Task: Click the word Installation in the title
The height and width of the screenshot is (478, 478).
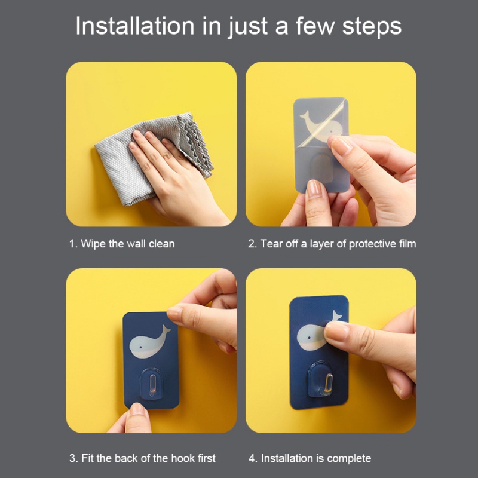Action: (x=135, y=26)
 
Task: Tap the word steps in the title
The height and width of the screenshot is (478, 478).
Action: (x=372, y=27)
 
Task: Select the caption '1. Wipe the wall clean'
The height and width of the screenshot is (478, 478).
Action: (x=122, y=244)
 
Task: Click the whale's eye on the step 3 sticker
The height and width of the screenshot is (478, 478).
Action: (x=140, y=347)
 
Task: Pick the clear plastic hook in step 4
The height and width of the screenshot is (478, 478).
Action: (x=320, y=379)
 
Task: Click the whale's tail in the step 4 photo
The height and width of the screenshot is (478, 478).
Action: (x=336, y=316)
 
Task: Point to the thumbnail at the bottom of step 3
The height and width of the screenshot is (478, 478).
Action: (x=137, y=409)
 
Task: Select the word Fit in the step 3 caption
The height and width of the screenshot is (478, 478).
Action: (x=88, y=458)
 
